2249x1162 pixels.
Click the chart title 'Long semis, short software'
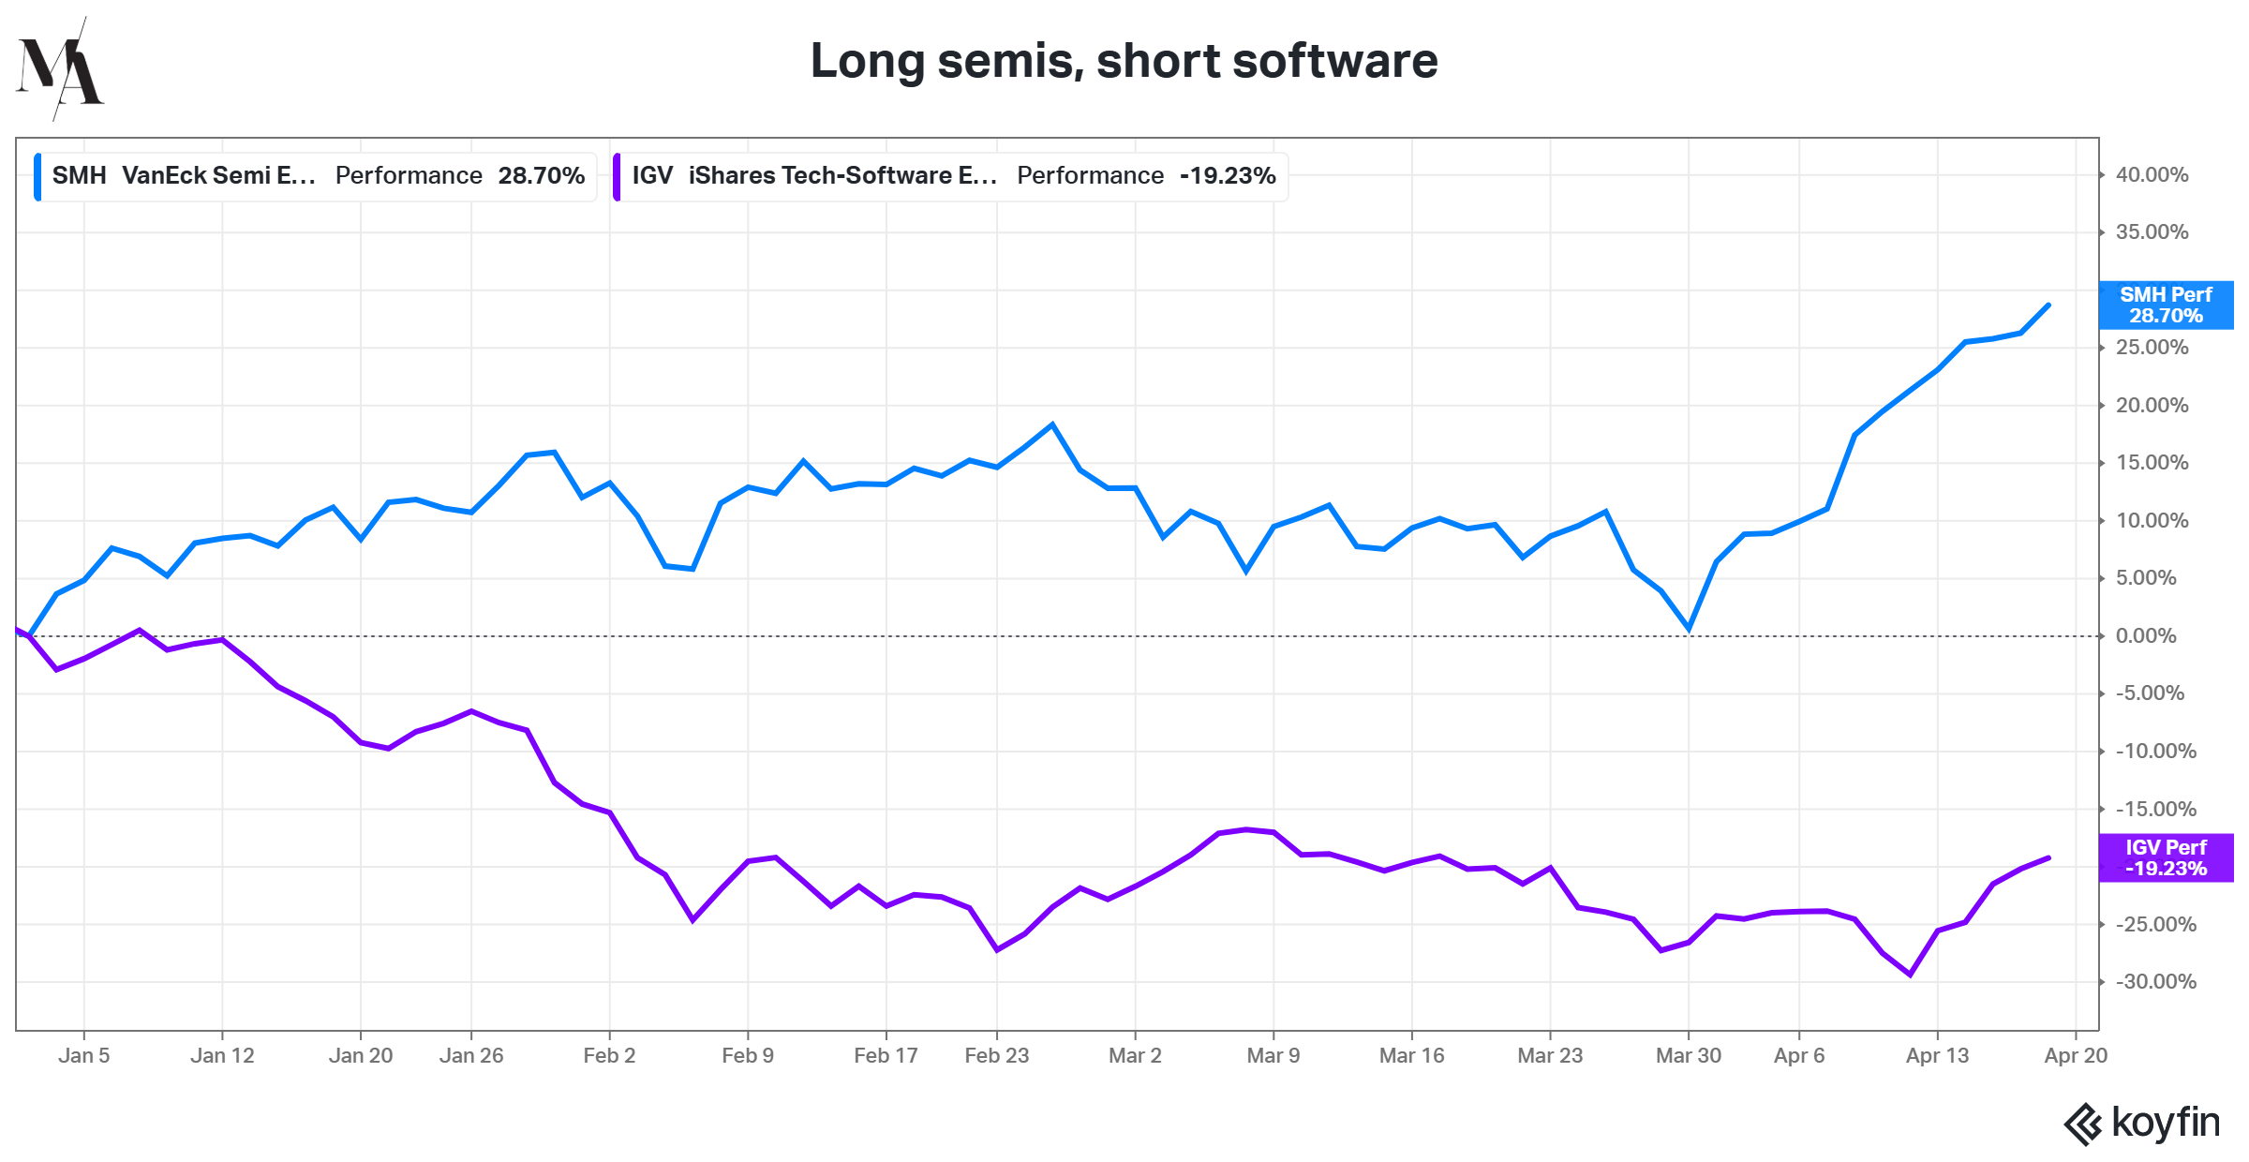1124,61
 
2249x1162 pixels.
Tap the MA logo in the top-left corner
60,69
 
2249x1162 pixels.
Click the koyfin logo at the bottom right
2142,1123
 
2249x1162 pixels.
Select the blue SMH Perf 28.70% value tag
2166,305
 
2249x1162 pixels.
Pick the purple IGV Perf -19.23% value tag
2166,857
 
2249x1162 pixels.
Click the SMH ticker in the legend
79,175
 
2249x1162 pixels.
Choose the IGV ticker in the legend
652,175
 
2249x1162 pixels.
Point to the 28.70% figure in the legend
542,175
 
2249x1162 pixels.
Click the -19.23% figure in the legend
1228,175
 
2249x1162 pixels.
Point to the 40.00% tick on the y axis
2152,175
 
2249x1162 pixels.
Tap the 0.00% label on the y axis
2146,636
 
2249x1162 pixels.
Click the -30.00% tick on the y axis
2155,982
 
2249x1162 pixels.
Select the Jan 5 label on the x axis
84,1055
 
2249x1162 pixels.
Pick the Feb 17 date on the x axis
886,1055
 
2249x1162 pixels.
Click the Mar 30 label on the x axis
1689,1055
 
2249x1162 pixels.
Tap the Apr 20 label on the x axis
2076,1055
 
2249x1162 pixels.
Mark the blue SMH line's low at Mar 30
1689,629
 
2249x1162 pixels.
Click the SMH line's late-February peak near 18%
1052,425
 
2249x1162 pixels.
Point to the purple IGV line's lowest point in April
1910,975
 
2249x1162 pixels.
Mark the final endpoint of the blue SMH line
2048,305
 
